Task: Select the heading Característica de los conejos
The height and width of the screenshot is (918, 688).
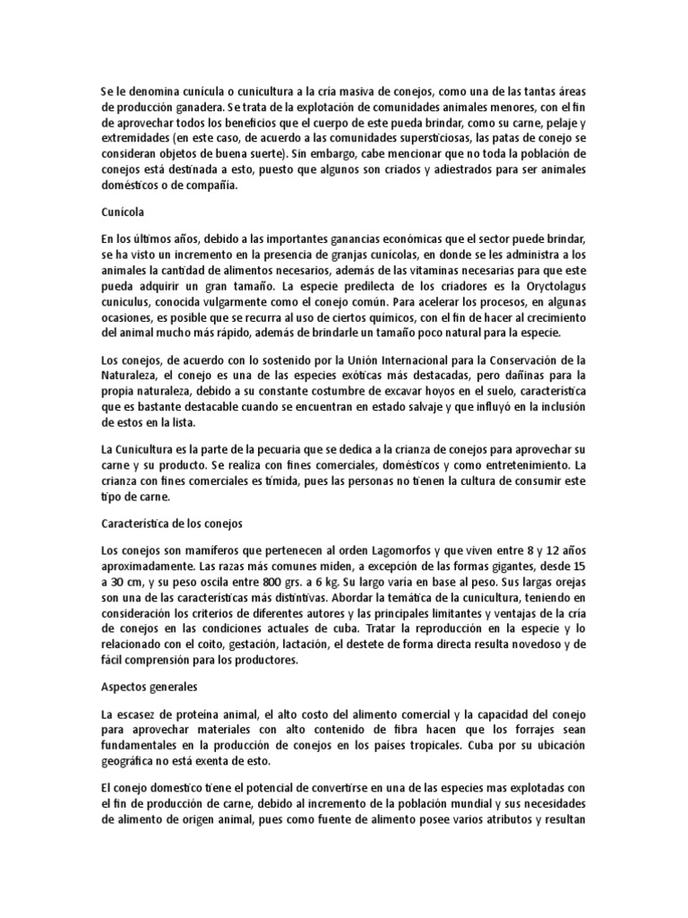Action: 166,521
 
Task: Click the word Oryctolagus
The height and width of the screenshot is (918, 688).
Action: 546,288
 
